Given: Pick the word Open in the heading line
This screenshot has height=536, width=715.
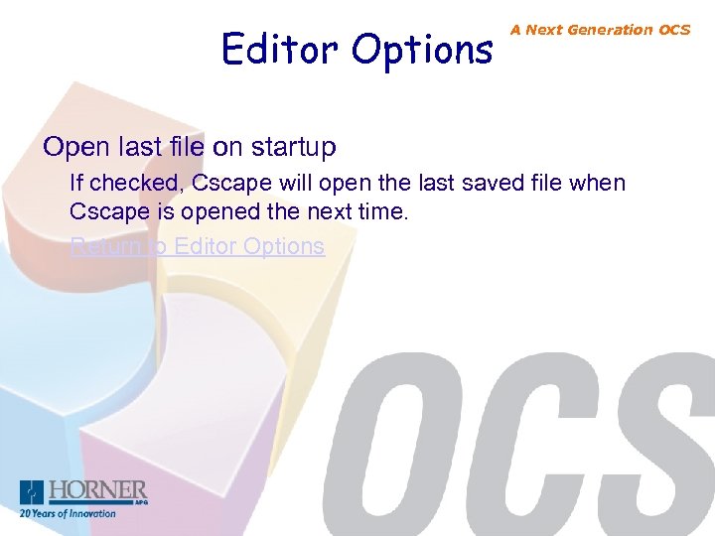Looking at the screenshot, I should click(x=75, y=148).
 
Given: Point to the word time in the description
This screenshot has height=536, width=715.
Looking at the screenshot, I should click(x=385, y=211).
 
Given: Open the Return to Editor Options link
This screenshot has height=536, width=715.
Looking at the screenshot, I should click(x=197, y=246).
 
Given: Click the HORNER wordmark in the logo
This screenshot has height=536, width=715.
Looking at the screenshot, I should click(x=98, y=489).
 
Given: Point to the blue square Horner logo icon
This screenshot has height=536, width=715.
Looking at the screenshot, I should click(x=33, y=493).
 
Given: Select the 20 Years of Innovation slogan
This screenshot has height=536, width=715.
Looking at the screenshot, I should click(x=68, y=513).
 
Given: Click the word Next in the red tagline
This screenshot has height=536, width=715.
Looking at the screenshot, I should click(x=543, y=30).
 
